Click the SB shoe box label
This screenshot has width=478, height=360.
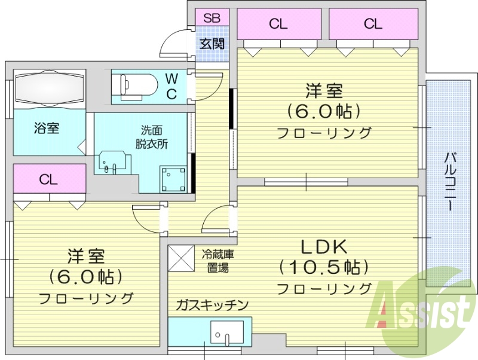(212, 18)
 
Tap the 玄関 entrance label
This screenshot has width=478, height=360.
(212, 44)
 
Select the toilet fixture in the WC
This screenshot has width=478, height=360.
(137, 86)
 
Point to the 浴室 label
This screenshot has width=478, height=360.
(46, 128)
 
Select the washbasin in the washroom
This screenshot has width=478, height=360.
(112, 161)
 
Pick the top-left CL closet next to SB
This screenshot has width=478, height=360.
(278, 25)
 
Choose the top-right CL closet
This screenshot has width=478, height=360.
(372, 25)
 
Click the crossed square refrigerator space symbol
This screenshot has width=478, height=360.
(178, 257)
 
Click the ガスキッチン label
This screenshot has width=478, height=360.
(212, 306)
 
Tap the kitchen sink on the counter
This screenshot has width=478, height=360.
(227, 332)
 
